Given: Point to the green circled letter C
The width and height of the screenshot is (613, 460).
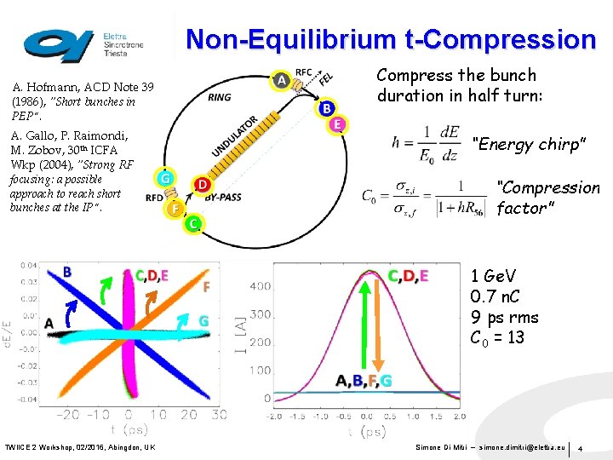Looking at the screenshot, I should pos(194,223).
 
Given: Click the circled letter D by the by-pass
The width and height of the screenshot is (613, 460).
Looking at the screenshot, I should pos(203,184).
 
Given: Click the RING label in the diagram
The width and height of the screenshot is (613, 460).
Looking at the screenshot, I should pos(219,97).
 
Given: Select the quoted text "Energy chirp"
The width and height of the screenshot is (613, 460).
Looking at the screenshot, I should pos(530,145).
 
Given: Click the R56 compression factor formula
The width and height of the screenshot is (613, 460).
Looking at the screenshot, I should pos(416,196).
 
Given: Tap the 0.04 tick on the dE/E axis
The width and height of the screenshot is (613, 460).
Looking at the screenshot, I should pos(29,266).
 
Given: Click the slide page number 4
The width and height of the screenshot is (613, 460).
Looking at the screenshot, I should pos(581,448).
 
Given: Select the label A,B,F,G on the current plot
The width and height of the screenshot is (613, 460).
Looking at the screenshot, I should pos(364,381).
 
